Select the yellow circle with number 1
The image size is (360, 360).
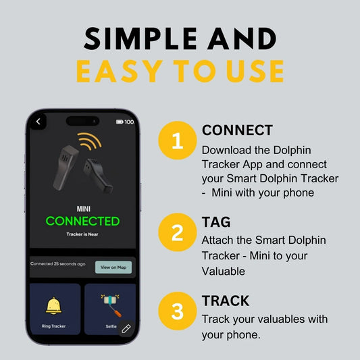pos(178,141)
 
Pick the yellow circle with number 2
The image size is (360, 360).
pos(178,233)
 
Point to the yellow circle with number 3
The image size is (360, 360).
pos(178,311)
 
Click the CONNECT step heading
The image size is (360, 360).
pos(237,130)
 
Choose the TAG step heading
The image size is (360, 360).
pos(215,222)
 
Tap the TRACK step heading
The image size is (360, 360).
pos(226,301)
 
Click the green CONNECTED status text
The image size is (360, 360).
pos(82,221)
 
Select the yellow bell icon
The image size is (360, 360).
pos(54,305)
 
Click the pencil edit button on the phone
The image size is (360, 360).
pos(126,329)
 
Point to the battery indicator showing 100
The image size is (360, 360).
pos(125,122)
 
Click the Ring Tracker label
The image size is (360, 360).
pos(54,326)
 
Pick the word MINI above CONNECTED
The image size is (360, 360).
pos(82,208)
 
